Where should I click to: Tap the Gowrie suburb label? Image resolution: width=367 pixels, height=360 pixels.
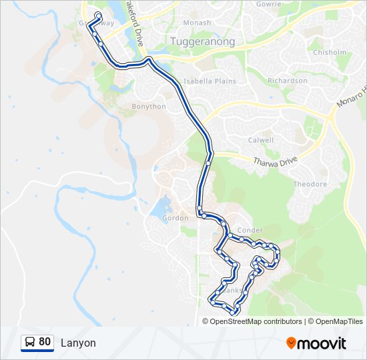point(268,3)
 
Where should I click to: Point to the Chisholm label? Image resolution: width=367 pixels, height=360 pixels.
point(329,52)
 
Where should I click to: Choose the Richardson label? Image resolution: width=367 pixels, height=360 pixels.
point(288,81)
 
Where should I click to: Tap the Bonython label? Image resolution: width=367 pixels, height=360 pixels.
point(148,107)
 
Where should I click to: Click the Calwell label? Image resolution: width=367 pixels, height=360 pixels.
point(261,140)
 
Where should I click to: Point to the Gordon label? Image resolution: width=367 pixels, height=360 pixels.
point(175,218)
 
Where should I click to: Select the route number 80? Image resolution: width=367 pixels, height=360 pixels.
point(45,342)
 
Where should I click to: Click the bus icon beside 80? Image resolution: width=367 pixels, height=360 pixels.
point(30,343)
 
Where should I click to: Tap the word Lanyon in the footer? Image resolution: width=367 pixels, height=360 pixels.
point(78,343)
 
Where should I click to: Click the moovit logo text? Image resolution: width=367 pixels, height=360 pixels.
point(322,343)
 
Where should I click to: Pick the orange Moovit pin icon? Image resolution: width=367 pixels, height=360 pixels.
point(291,343)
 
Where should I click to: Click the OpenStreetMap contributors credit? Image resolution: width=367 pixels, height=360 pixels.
point(256,321)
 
